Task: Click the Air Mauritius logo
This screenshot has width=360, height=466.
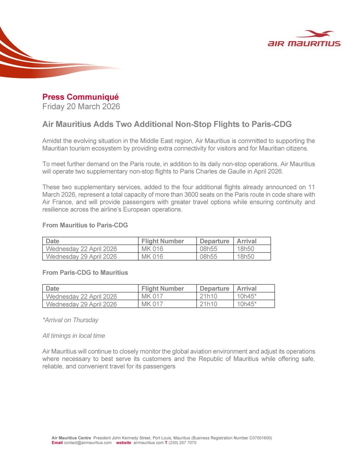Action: (x=304, y=39)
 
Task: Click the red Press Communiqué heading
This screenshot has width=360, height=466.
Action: (x=80, y=97)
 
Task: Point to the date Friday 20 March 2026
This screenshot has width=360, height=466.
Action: (x=81, y=106)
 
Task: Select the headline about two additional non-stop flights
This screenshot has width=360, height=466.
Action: (x=167, y=124)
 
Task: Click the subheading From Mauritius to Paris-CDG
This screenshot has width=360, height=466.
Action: (x=85, y=225)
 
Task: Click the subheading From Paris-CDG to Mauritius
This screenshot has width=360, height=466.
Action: (x=85, y=273)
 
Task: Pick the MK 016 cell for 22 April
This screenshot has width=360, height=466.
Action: (x=152, y=249)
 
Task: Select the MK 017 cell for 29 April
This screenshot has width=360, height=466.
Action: (x=152, y=304)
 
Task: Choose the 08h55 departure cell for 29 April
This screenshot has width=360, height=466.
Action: (x=209, y=256)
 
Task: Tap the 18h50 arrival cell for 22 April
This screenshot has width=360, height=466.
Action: (x=245, y=249)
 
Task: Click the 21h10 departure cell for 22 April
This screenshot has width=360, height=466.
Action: (x=209, y=296)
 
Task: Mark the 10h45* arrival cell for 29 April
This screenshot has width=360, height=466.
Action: (x=247, y=304)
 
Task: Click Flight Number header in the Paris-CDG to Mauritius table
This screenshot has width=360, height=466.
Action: (x=162, y=289)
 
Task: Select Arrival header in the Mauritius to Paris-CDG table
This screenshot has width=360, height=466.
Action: (x=247, y=241)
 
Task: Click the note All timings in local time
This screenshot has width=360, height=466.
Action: (x=73, y=336)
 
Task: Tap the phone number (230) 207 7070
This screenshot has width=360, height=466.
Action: (x=182, y=443)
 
